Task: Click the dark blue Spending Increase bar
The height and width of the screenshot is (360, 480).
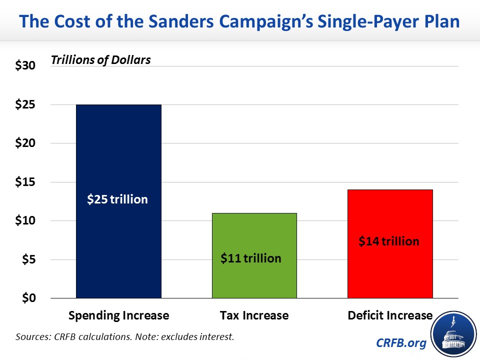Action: point(118,150)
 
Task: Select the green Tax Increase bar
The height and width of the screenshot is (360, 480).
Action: point(254,235)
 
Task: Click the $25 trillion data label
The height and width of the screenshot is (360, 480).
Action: point(117,199)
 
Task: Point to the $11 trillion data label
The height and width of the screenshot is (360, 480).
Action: point(251,258)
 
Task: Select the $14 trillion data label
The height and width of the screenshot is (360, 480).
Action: point(389,241)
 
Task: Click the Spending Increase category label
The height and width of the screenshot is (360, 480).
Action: point(118,315)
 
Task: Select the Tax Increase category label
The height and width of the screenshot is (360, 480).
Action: point(254,315)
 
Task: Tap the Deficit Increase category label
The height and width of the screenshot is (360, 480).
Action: point(390,315)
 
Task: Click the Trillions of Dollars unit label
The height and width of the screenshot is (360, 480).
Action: point(100,60)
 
